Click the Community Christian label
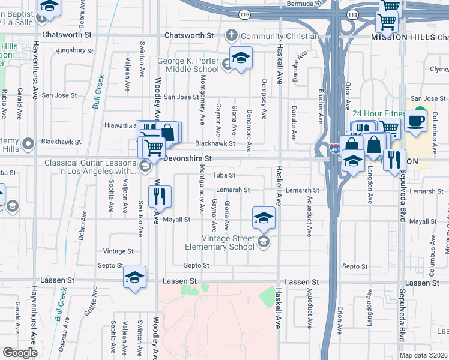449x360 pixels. point(280,36)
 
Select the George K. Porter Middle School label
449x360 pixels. point(188,65)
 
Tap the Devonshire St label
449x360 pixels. point(188,158)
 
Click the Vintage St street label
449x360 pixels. point(118,251)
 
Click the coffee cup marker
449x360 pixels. point(415,121)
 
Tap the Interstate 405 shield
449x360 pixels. point(335,146)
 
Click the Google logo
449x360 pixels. point(20,352)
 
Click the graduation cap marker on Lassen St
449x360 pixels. point(134,277)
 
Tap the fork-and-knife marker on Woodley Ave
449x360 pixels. point(160,196)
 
